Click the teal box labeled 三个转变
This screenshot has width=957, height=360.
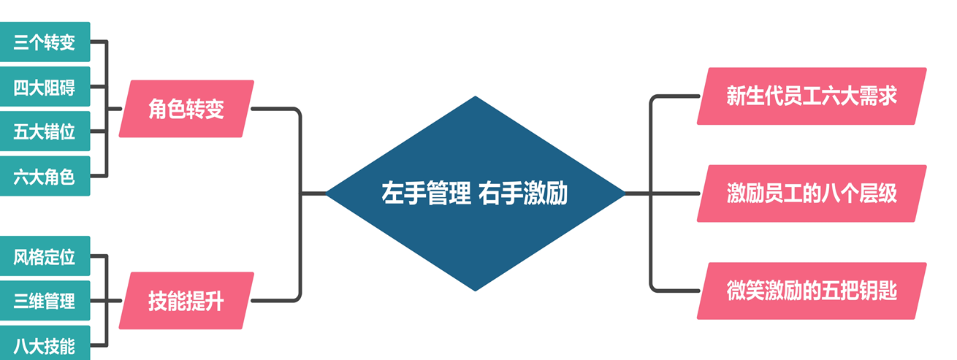pyautogui.click(x=45, y=42)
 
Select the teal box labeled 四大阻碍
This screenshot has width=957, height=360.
pyautogui.click(x=45, y=88)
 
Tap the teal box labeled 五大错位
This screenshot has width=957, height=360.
pyautogui.click(x=45, y=132)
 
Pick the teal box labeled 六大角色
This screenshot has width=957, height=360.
pyautogui.click(x=45, y=176)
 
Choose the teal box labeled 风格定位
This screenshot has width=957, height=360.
pyautogui.click(x=45, y=256)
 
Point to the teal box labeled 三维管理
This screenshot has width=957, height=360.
pyautogui.click(x=45, y=301)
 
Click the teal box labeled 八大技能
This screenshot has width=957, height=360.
pyautogui.click(x=45, y=345)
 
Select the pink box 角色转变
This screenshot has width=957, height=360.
pyautogui.click(x=186, y=109)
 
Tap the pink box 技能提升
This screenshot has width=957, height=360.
pyautogui.click(x=186, y=301)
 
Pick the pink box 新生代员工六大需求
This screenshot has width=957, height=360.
pyautogui.click(x=812, y=96)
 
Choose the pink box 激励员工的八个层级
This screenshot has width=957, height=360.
pyautogui.click(x=812, y=194)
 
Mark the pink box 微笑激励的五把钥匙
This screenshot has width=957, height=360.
pyautogui.click(x=812, y=291)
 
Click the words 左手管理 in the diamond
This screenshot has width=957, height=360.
pyautogui.click(x=426, y=194)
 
